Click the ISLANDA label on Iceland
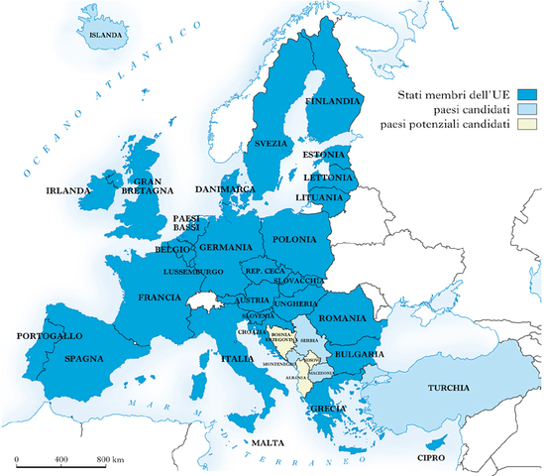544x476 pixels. coord(106,35)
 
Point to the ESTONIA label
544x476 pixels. coord(323,155)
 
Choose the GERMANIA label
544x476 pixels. coord(226,247)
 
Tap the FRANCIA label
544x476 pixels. coord(160,297)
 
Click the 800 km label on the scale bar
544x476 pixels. coord(109,460)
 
